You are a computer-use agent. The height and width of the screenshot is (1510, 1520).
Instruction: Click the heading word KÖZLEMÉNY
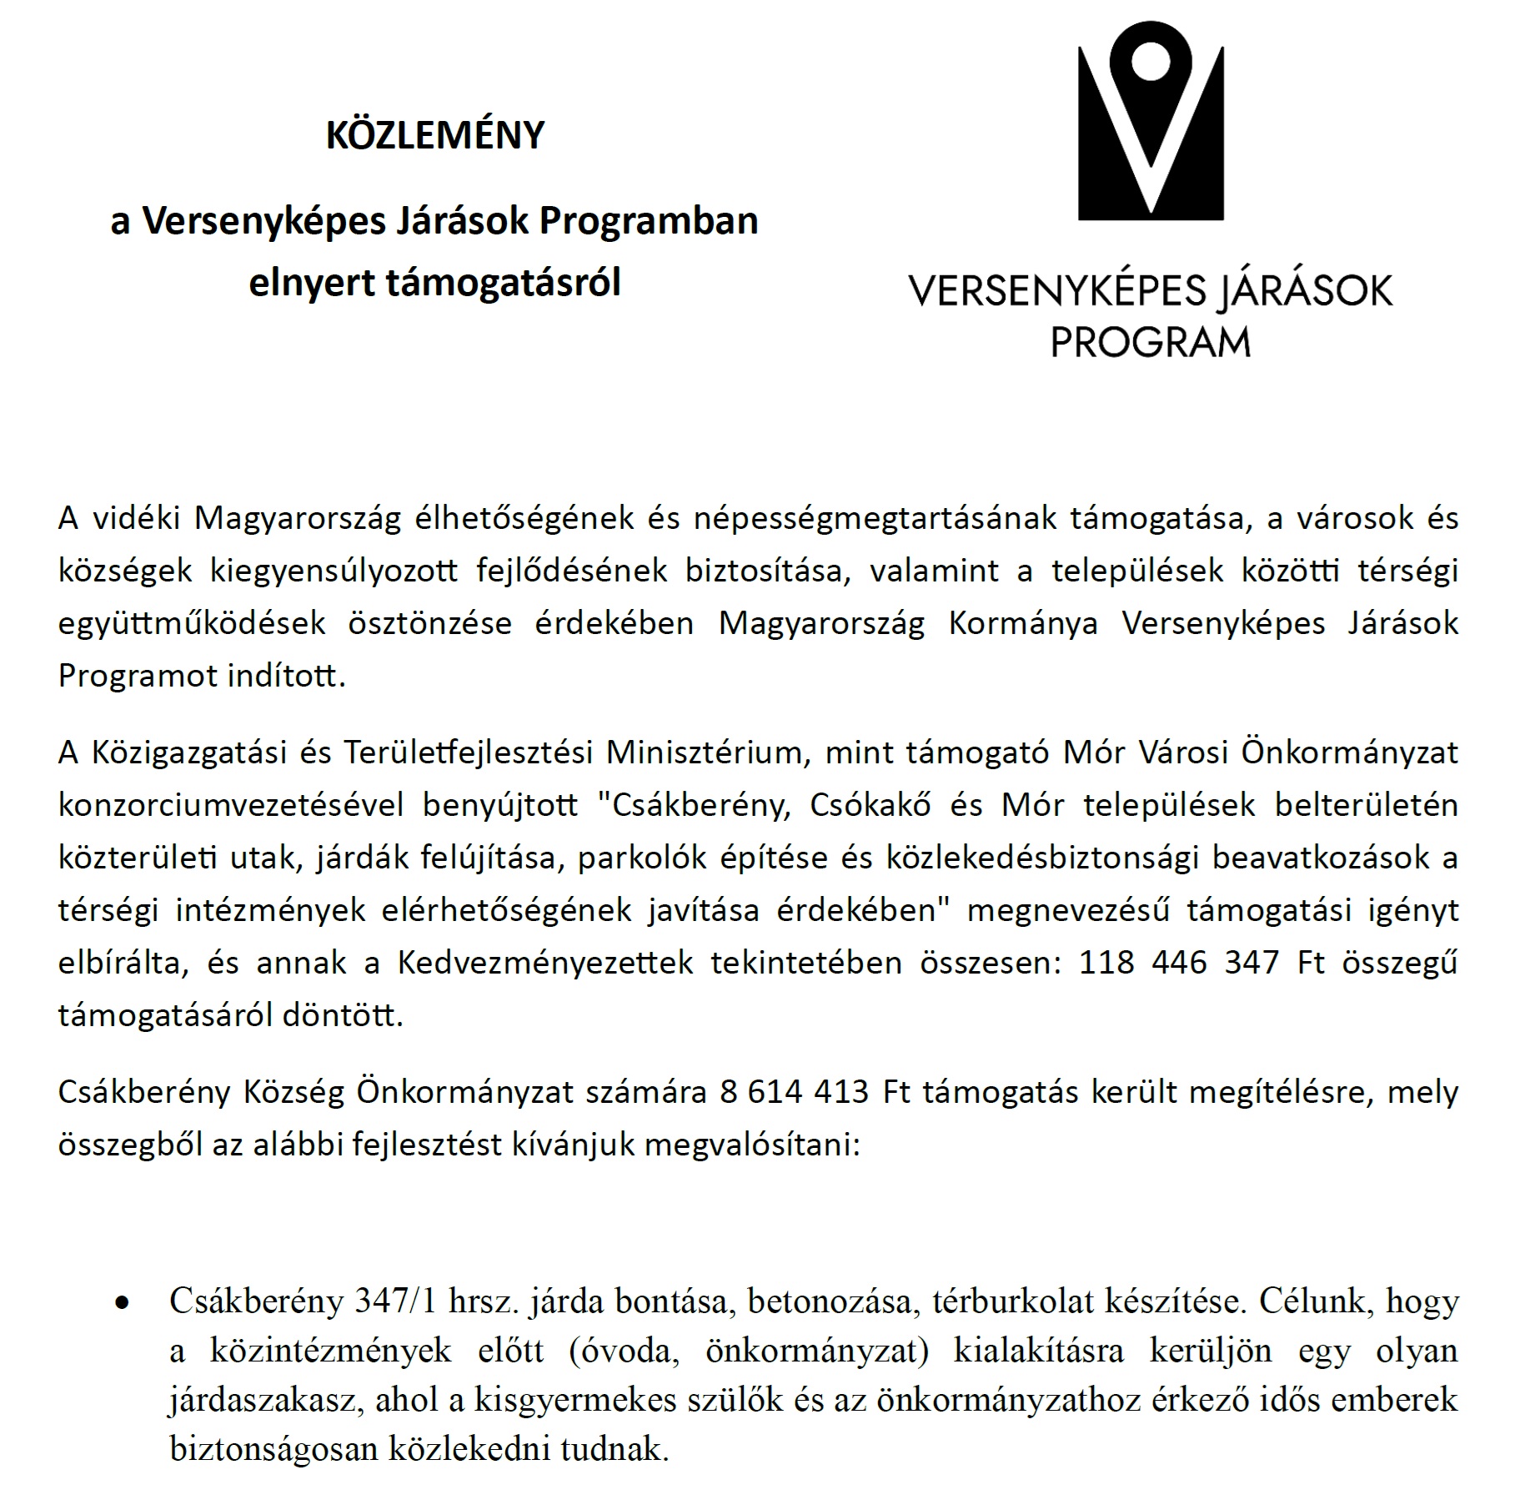point(434,135)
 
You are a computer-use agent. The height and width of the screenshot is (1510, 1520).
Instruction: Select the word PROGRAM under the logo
point(1150,342)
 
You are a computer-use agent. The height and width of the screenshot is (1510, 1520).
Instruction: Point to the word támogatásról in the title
point(503,284)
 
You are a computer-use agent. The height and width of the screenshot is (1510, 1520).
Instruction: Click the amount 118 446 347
point(1179,963)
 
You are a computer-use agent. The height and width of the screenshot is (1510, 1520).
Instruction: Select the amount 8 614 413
point(794,1091)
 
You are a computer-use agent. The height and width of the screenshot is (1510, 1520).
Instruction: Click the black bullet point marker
point(123,1302)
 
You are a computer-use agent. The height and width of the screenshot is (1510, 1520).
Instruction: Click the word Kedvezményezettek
point(544,963)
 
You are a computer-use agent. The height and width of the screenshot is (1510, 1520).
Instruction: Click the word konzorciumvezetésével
point(231,805)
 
